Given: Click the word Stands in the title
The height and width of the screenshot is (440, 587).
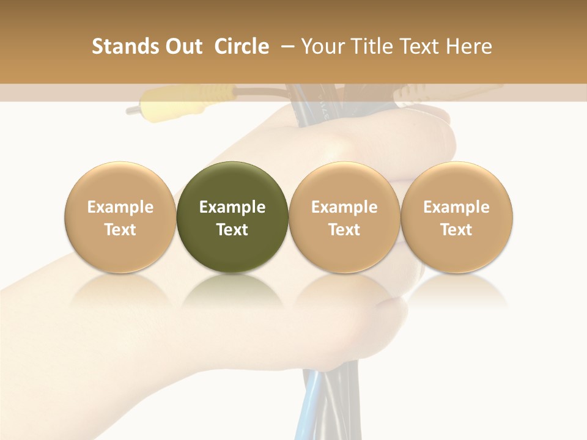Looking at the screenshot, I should point(126,46).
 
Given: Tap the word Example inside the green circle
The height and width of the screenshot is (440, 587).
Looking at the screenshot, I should point(232,207).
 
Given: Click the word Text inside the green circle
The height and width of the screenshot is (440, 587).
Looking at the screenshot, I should point(232,230).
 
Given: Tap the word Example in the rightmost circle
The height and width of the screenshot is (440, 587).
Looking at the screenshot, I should point(457,207).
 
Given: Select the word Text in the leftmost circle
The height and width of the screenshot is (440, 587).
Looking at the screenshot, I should point(120,230).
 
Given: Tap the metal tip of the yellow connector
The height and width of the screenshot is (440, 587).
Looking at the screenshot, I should point(133,111).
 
